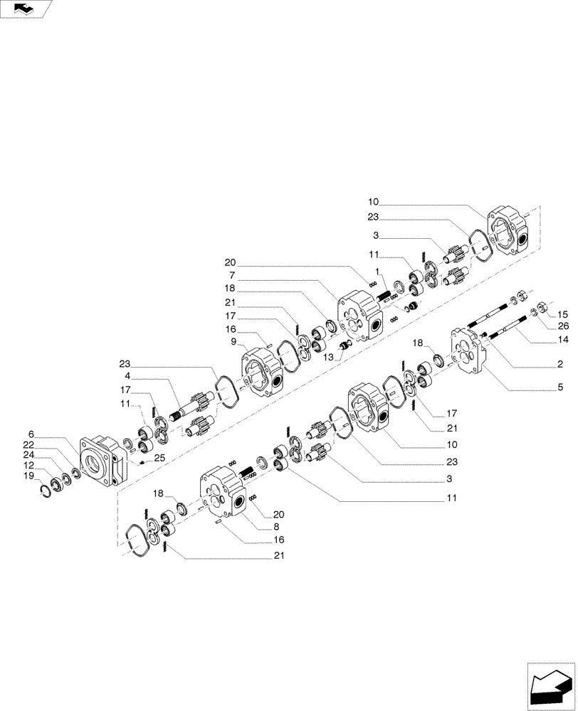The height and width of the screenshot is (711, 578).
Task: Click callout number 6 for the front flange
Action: click(31, 433)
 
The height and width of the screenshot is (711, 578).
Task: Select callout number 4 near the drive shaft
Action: click(127, 376)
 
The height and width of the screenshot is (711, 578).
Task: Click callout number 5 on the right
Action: click(560, 387)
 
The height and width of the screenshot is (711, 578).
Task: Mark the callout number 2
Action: click(560, 363)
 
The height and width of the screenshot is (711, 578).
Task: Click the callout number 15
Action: click(562, 314)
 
